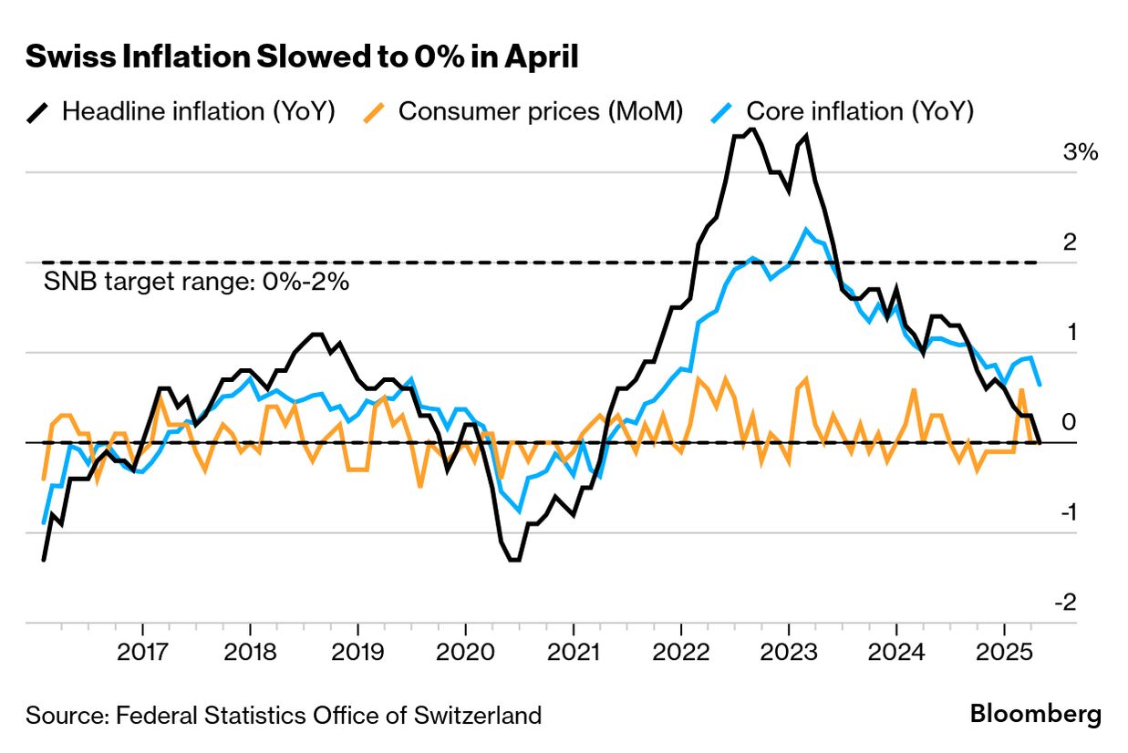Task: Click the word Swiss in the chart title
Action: point(70,57)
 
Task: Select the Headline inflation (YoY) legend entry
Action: point(181,111)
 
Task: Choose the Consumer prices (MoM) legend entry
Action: point(523,111)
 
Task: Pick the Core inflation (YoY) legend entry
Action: point(842,111)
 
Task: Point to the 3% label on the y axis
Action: point(1081,151)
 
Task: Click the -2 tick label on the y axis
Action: point(1066,602)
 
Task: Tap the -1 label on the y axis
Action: point(1069,512)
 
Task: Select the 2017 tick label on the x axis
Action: point(142,652)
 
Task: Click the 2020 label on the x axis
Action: point(465,652)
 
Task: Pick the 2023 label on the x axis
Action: point(789,652)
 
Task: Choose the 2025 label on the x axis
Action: point(1004,652)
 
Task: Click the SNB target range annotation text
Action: point(196,281)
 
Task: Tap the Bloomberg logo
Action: point(1036,715)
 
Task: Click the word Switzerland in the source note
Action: point(478,716)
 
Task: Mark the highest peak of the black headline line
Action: point(752,129)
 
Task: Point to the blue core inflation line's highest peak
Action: point(806,230)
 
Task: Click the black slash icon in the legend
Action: point(37,113)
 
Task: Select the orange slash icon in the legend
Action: point(374,113)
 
